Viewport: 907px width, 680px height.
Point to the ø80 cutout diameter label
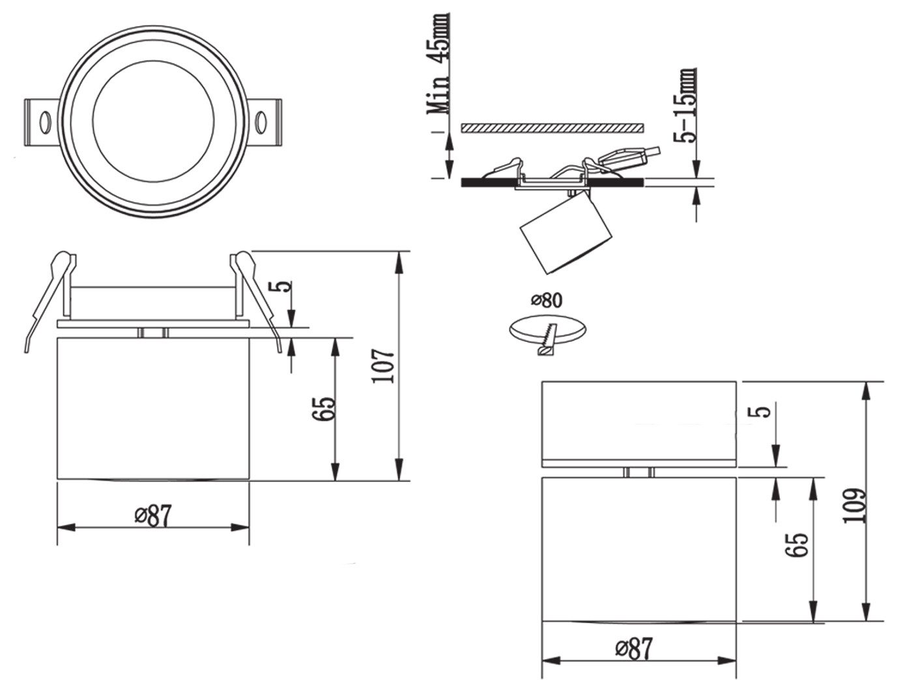(546, 300)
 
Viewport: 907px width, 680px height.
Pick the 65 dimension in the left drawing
(327, 408)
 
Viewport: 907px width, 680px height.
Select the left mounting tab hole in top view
(45, 122)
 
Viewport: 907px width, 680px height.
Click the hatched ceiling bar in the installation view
(553, 128)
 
